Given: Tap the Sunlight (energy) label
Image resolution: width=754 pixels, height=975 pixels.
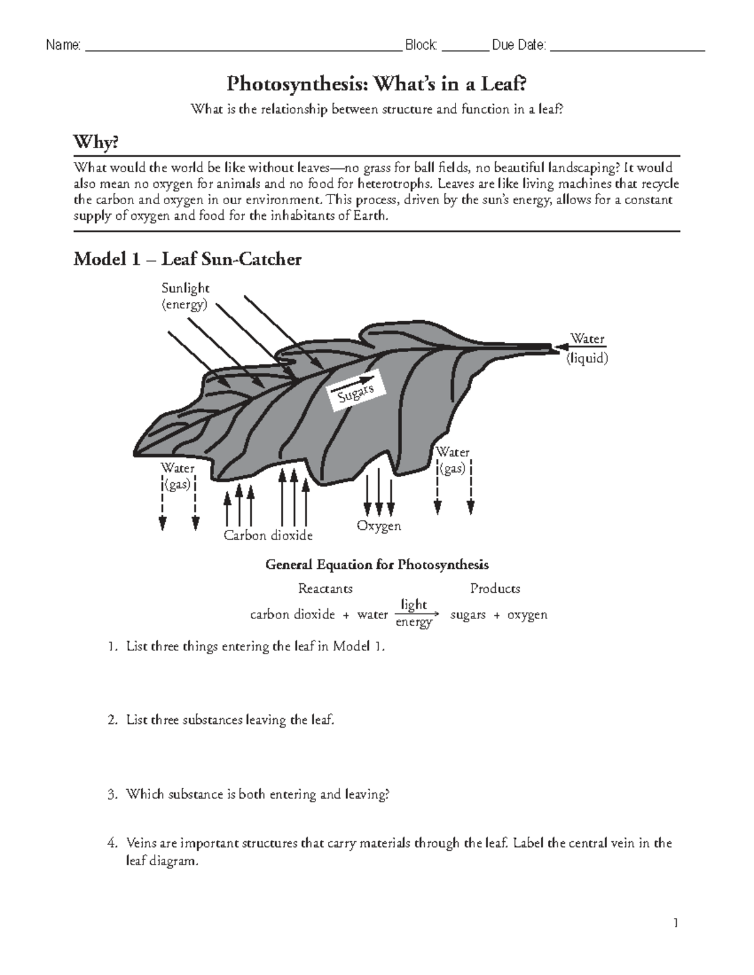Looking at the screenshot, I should [x=185, y=296].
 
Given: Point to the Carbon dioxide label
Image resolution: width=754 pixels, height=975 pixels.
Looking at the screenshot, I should [x=268, y=536].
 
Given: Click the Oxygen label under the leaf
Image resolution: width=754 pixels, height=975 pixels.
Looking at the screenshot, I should [x=379, y=525].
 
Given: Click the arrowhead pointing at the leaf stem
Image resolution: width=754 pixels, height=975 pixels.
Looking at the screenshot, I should [x=557, y=346].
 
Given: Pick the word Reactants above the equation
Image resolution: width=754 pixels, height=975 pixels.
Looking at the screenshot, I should [x=325, y=589].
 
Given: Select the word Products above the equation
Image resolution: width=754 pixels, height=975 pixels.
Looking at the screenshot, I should [x=495, y=589].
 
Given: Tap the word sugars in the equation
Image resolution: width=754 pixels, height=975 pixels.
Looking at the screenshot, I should [x=468, y=615].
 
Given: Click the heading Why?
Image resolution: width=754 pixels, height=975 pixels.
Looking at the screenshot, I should [x=96, y=143].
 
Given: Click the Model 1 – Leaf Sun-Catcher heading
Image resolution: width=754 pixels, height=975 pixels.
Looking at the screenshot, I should [x=187, y=259].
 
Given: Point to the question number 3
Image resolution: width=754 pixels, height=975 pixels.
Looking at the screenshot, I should [x=112, y=795].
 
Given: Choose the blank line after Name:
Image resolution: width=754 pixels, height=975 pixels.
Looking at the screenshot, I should [x=243, y=48].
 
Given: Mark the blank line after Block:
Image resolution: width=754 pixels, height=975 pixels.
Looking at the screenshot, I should [x=465, y=48].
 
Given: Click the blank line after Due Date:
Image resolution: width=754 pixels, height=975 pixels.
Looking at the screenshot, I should [x=627, y=48].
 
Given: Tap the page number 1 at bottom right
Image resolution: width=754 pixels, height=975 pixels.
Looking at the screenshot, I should [x=675, y=923].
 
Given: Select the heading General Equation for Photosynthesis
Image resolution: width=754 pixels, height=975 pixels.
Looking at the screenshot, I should [x=377, y=564].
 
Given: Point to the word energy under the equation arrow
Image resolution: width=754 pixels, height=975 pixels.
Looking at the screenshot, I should [x=413, y=623].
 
